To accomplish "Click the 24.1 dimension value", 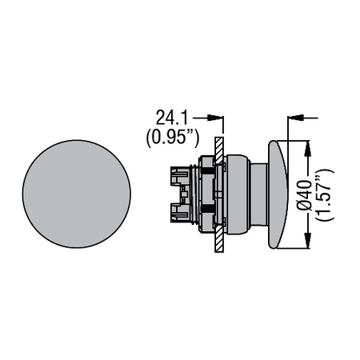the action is tap(172, 118).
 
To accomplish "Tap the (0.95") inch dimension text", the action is tap(173, 138).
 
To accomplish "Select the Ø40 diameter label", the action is tap(305, 194).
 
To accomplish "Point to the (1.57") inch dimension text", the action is tap(324, 194).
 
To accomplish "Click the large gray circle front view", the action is tap(77, 194).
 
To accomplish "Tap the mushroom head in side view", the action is tap(278, 194).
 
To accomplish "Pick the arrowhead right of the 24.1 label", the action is tap(215, 118).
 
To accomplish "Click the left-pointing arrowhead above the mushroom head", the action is tap(296, 118).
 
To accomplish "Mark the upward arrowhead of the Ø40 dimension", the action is tap(307, 148).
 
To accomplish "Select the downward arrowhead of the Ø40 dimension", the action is tap(307, 240).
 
